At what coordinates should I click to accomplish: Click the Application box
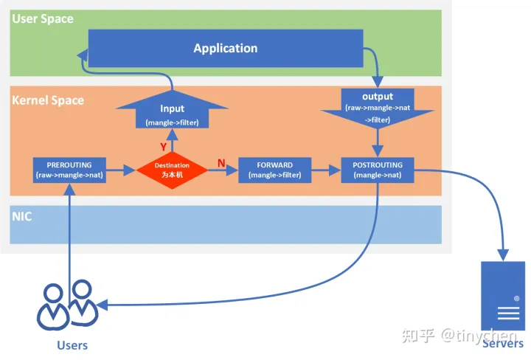[225, 48]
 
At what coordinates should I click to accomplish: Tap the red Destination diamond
[171, 170]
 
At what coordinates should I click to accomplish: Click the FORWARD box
[274, 170]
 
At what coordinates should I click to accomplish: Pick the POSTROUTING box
[378, 170]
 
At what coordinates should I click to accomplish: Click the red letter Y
[164, 147]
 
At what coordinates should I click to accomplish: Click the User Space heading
[43, 18]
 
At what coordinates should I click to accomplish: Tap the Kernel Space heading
[48, 100]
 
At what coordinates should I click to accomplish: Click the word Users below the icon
[72, 345]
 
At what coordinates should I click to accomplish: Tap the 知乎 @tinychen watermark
[459, 335]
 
